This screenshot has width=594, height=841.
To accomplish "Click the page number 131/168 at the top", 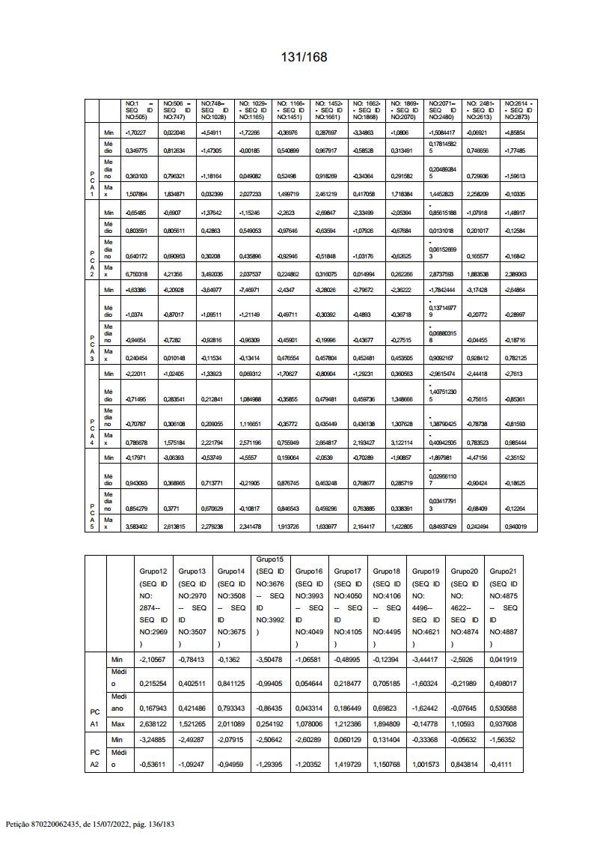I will point(304,57).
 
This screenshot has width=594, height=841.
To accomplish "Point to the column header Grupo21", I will point(504,571).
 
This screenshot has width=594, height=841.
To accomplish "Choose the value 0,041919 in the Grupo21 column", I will point(504,659).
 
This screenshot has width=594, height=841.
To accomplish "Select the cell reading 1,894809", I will point(388,724).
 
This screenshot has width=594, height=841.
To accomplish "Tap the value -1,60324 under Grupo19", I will point(426,684).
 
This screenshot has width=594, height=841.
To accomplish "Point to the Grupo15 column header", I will point(270,559).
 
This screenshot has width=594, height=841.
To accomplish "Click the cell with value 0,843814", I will point(465,764).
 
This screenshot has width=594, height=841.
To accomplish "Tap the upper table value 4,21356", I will point(174,274).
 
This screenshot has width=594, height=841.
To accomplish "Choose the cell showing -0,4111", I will point(504,764).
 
